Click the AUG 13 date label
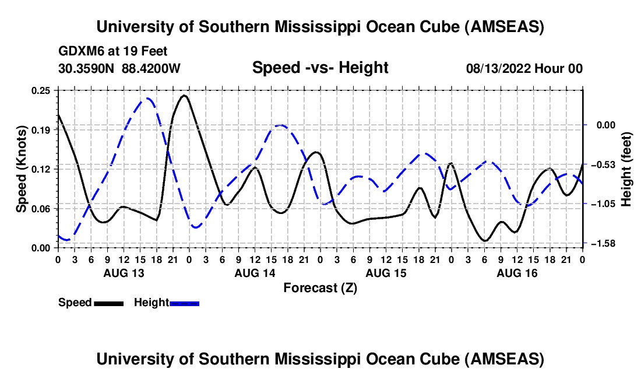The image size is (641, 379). (124, 273)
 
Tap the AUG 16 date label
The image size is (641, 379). (517, 273)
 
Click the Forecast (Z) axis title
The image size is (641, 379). (320, 287)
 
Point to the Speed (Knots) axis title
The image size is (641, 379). (22, 169)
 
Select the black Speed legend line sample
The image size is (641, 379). (108, 303)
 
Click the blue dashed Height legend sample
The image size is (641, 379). (185, 303)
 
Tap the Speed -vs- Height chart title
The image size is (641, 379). (320, 68)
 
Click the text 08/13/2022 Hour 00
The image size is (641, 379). (524, 68)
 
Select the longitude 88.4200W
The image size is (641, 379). (151, 68)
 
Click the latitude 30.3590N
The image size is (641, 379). (87, 68)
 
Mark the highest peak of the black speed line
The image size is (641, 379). (184, 95)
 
